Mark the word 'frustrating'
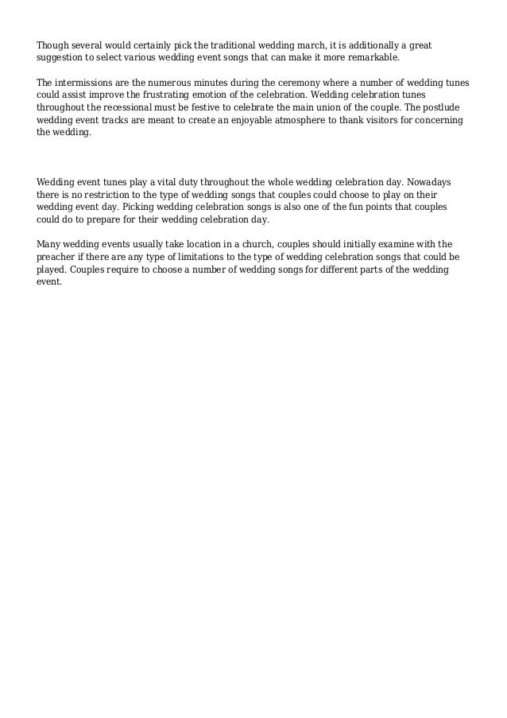pos(188,95)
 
